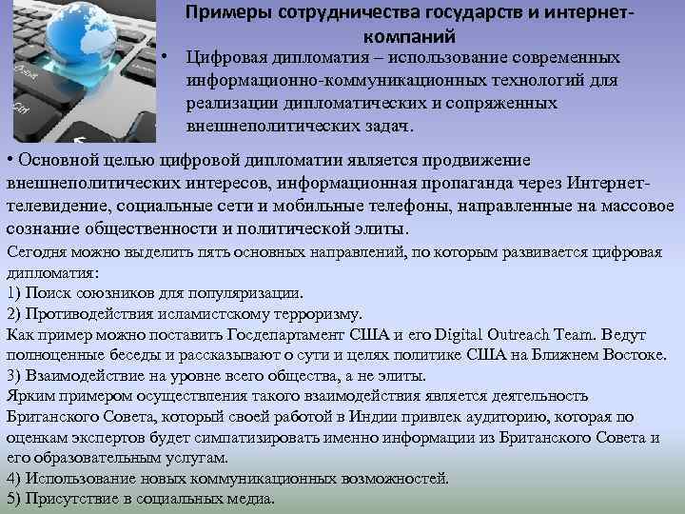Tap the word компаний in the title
(x=409, y=37)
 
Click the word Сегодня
(x=35, y=252)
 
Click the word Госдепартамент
(x=285, y=335)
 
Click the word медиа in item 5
(x=248, y=499)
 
